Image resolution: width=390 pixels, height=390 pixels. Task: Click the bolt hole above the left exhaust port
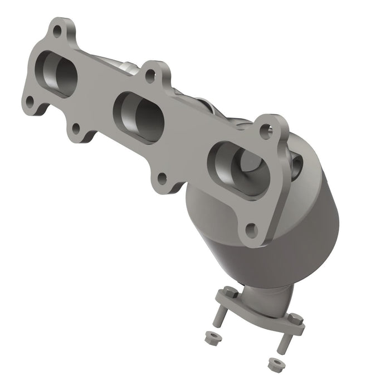(x=57, y=31)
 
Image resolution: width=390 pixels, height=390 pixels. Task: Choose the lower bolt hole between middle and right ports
(x=162, y=179)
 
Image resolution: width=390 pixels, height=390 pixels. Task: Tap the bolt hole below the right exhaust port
(x=251, y=228)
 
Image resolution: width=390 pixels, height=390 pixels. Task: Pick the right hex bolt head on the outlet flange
(x=296, y=320)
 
